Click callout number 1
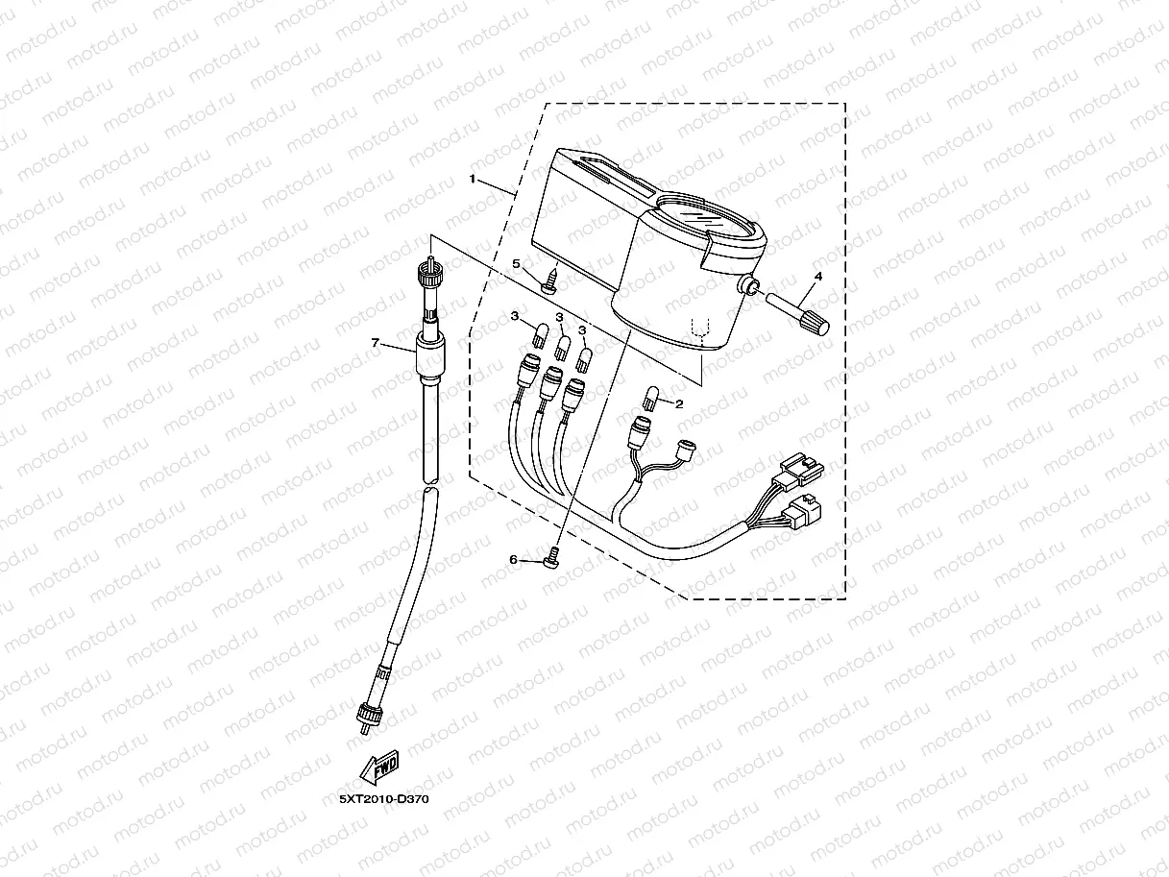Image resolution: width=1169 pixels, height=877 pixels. point(472,180)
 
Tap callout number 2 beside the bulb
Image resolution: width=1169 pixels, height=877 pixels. point(678,404)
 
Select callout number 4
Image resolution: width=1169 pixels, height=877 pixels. point(817,277)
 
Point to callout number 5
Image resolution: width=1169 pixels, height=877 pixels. point(516,262)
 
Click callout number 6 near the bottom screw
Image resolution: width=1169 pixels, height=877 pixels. point(513,559)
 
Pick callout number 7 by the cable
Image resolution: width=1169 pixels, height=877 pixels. point(376,343)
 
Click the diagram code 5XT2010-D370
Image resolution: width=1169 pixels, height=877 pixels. point(383,797)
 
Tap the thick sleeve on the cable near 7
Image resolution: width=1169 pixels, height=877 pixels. point(428,356)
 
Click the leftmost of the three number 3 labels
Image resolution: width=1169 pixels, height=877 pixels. point(514,316)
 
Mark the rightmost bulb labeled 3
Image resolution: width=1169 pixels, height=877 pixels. point(584,359)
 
